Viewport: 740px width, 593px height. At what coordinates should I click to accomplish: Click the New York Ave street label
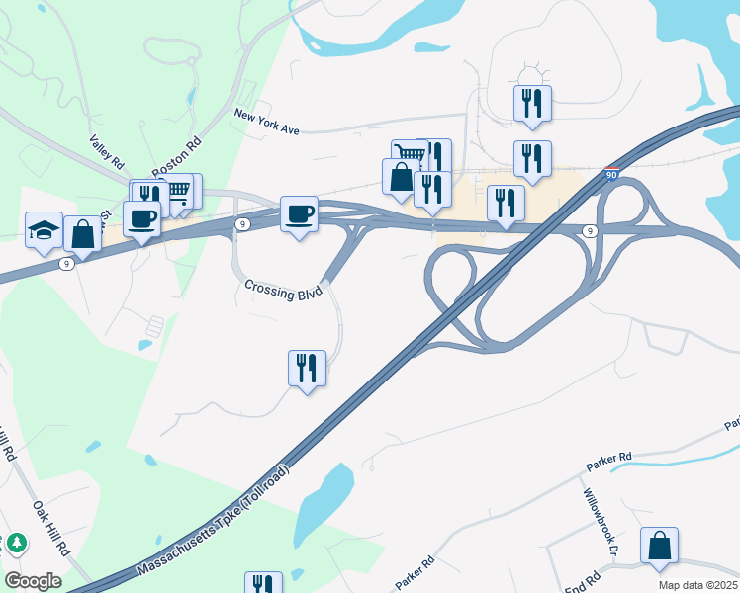(266, 122)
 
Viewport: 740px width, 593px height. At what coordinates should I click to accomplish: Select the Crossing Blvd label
(284, 291)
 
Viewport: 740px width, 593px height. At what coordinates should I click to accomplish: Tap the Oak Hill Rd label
(50, 529)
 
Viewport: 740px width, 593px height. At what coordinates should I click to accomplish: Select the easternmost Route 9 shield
(590, 231)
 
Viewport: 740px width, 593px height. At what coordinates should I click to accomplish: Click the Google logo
(33, 580)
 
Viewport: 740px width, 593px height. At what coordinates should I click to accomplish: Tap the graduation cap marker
(44, 229)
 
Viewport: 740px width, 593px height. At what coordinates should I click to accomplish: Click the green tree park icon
(17, 544)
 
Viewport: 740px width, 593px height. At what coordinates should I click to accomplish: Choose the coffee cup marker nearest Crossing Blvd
(299, 213)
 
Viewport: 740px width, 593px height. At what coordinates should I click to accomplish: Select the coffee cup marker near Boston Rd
(141, 218)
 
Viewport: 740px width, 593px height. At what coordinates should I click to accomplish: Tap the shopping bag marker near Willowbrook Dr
(659, 545)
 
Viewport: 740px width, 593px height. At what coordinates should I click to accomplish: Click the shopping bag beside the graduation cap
(82, 234)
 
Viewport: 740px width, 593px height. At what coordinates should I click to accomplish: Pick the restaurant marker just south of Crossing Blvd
(307, 369)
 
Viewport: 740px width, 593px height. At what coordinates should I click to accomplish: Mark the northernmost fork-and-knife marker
(532, 103)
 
